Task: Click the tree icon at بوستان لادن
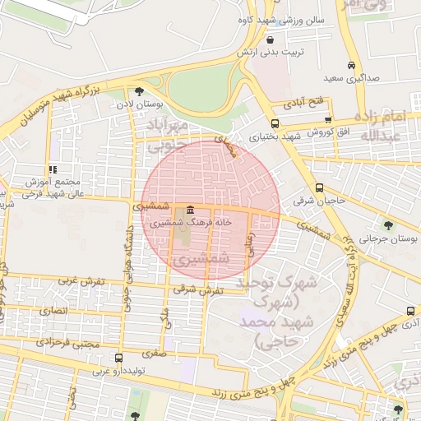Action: (138, 91)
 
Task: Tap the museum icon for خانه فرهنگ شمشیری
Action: (190, 210)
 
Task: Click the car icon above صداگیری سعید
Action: (351, 65)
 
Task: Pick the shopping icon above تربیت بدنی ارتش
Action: (270, 39)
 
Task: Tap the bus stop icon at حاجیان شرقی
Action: (319, 187)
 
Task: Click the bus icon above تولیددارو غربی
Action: (120, 358)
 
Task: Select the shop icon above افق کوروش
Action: (329, 120)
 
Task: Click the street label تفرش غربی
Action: (82, 280)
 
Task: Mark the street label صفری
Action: (153, 353)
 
